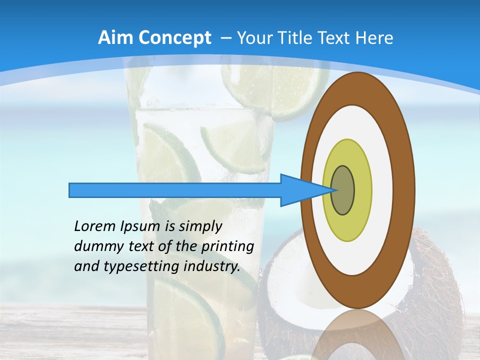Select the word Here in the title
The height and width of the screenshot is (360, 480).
(x=374, y=38)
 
